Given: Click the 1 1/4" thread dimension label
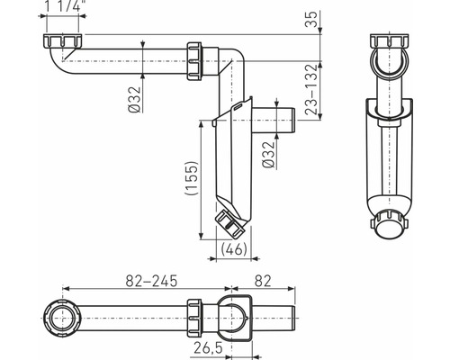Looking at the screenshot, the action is coord(63,6).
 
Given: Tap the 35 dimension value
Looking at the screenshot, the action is coord(311,19).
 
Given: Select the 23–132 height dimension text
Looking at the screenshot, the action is coord(311,90).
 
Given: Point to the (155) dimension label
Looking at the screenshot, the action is coord(192,178).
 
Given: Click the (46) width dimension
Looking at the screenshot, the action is coord(234,248).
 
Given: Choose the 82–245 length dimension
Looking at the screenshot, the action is coord(151,281).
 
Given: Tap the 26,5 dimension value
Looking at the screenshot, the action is coord(208,348).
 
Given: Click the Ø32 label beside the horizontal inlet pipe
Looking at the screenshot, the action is coord(134,100).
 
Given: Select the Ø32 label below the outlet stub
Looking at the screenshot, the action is coord(268,155).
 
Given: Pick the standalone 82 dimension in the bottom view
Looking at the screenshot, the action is coord(263,281).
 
